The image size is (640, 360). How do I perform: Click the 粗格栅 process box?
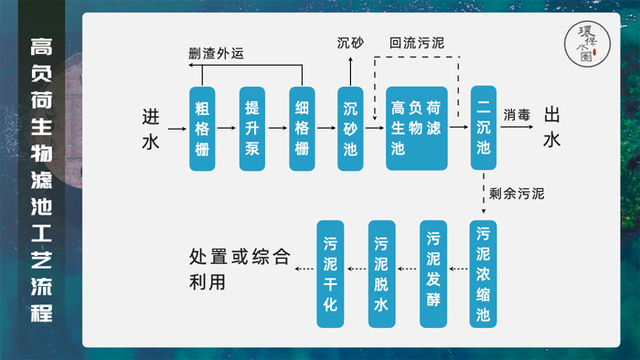pos(202,129)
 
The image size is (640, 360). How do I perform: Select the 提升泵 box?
pos(252,129)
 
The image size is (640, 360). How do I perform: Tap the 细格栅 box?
pos(302,129)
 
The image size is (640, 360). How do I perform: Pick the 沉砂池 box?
pos(350,129)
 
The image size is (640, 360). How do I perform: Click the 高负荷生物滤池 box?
pos(417,129)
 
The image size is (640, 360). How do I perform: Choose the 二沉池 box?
pos(484,129)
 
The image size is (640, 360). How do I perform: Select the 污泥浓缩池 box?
pos(484,274)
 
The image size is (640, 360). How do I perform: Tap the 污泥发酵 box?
pos(433,274)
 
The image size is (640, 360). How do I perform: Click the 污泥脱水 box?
pos(381,274)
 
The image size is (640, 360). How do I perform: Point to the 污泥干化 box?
pos(330,274)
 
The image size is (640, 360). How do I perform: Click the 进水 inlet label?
pos(151,129)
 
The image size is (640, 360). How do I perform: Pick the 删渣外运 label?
pos(216,53)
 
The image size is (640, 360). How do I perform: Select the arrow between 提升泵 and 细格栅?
pos(277,129)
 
